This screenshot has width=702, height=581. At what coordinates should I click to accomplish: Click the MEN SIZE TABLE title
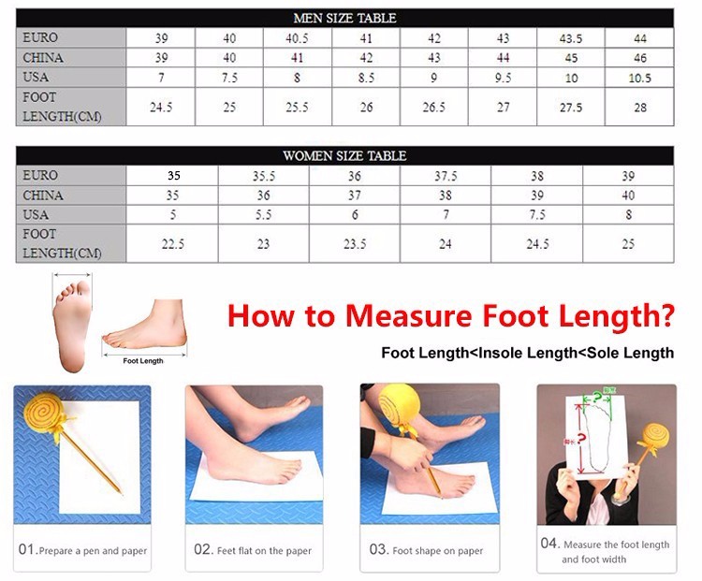[x=344, y=18]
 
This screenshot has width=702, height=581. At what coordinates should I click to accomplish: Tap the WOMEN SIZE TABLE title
[x=344, y=155]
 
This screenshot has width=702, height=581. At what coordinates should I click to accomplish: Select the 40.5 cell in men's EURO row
[x=297, y=38]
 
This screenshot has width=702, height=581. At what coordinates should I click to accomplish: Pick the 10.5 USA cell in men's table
[x=639, y=79]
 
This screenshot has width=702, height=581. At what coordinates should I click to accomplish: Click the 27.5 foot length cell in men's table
[x=571, y=108]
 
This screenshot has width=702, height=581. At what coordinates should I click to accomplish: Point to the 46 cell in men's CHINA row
[x=640, y=58]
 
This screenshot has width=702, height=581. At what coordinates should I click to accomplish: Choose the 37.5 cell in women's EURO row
[x=446, y=176]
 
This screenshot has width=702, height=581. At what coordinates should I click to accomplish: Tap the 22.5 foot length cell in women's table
[x=173, y=244]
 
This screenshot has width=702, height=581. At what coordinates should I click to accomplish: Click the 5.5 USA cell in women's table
[x=263, y=215]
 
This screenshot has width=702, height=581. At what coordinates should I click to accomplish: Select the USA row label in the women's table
[x=36, y=215]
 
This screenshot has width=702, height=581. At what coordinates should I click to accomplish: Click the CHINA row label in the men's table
[x=43, y=58]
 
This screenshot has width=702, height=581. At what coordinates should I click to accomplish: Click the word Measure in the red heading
[x=409, y=316]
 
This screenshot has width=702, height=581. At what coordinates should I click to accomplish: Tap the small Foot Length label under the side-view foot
[x=143, y=361]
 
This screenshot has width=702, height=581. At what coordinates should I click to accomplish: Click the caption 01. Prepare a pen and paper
[x=82, y=550]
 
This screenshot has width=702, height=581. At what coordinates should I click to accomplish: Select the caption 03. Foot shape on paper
[x=426, y=550]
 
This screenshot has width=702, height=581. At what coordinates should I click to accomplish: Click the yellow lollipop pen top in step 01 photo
[x=42, y=414]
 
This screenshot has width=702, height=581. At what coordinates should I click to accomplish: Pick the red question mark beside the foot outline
[x=581, y=439]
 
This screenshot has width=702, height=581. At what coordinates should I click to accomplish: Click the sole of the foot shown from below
[x=72, y=326]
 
